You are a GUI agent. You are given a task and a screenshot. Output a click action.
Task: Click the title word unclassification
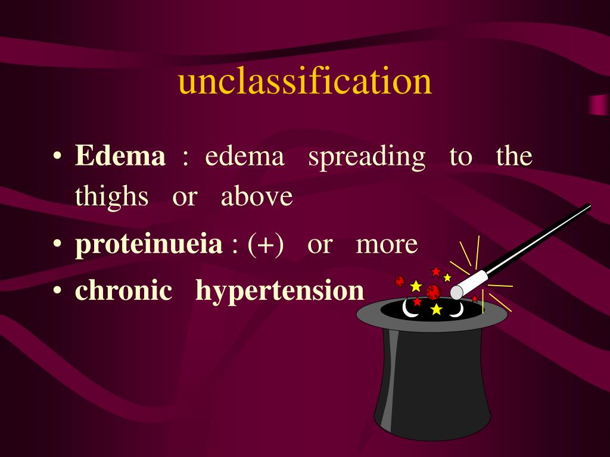click(304, 82)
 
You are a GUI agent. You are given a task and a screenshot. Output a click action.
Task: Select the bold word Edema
click(120, 156)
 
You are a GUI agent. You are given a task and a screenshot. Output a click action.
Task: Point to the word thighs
click(111, 197)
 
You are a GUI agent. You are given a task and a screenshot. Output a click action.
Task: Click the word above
click(257, 197)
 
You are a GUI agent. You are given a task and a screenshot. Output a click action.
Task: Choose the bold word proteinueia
click(148, 245)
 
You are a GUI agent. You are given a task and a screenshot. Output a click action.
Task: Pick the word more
click(387, 245)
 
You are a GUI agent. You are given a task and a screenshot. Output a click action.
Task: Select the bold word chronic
click(123, 290)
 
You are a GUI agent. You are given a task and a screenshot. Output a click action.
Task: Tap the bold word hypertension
click(279, 292)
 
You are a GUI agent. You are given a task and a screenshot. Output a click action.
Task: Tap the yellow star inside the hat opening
click(437, 309)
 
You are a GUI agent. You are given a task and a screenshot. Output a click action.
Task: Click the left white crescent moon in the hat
click(409, 309)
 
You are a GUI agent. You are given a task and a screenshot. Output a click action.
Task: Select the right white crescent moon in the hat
click(456, 310)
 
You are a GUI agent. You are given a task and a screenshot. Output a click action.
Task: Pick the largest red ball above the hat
click(433, 292)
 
